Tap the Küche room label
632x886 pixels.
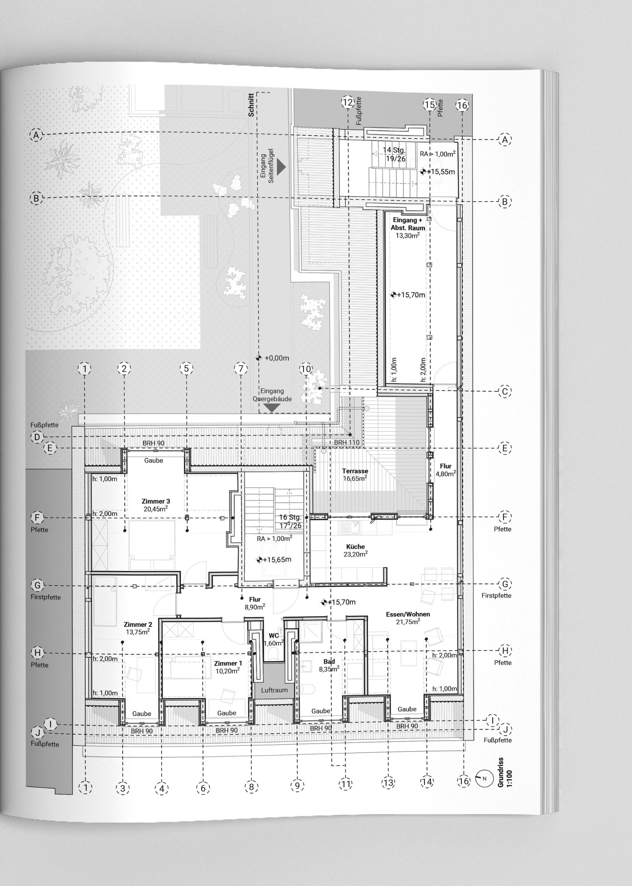355,546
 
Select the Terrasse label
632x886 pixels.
355,471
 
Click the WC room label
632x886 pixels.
274,636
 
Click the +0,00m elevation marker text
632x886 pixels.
277,358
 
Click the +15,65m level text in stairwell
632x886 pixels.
277,560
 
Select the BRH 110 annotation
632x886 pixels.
347,443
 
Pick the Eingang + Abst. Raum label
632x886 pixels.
408,224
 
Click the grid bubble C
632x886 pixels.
505,391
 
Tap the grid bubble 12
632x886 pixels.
347,103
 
